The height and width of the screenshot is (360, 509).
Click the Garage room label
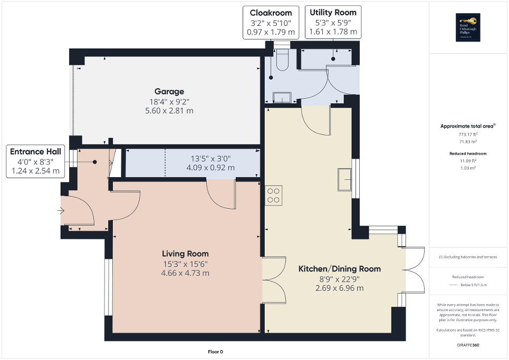click(x=169, y=91)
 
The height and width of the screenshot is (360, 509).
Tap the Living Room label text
click(x=185, y=254)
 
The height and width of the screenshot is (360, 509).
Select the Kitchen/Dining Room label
click(x=340, y=269)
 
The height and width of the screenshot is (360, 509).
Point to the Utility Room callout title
click(x=333, y=12)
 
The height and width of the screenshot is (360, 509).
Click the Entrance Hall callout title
click(x=35, y=152)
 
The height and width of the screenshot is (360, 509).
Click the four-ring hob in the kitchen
click(x=273, y=195)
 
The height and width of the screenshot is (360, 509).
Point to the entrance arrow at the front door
click(x=61, y=211)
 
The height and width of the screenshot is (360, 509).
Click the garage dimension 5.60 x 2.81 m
click(x=169, y=111)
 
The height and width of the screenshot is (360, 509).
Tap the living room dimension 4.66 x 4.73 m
click(x=185, y=273)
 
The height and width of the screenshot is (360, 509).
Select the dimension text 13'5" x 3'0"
click(x=210, y=158)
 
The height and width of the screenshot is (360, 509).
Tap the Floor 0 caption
click(x=216, y=352)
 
